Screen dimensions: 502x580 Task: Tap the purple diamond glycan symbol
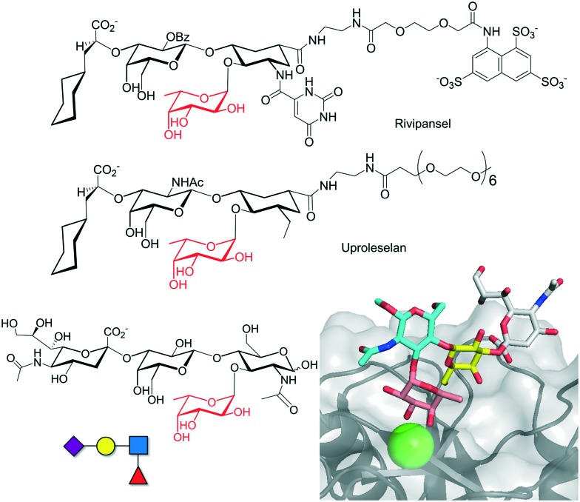coord(74,445)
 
